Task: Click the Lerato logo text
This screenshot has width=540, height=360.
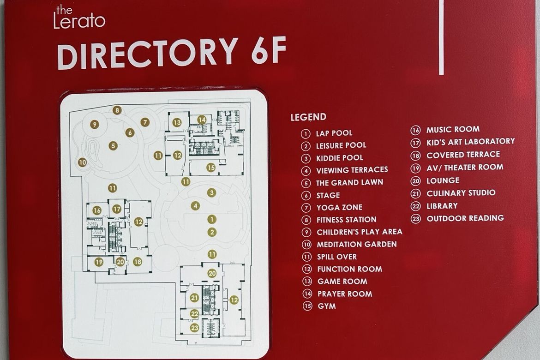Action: point(79,17)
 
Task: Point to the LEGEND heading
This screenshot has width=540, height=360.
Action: point(308,117)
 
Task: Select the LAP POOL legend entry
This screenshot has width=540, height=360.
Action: point(327,133)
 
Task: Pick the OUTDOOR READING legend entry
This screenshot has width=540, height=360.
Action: point(457,218)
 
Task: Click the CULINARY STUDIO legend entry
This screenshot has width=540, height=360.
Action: point(453,193)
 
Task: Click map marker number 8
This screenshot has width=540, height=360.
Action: point(117,110)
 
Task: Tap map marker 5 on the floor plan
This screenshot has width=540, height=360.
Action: point(113,146)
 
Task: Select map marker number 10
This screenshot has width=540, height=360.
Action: point(82,162)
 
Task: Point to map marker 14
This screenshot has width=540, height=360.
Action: point(202,120)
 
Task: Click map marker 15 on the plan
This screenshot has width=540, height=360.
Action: point(211,168)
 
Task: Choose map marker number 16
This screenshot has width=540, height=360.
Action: point(97,210)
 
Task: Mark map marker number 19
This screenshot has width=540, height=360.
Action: point(99,262)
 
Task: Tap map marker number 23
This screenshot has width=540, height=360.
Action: point(195,328)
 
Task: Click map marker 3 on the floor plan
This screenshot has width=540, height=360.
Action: point(212,192)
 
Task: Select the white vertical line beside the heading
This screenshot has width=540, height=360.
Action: point(442,37)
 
